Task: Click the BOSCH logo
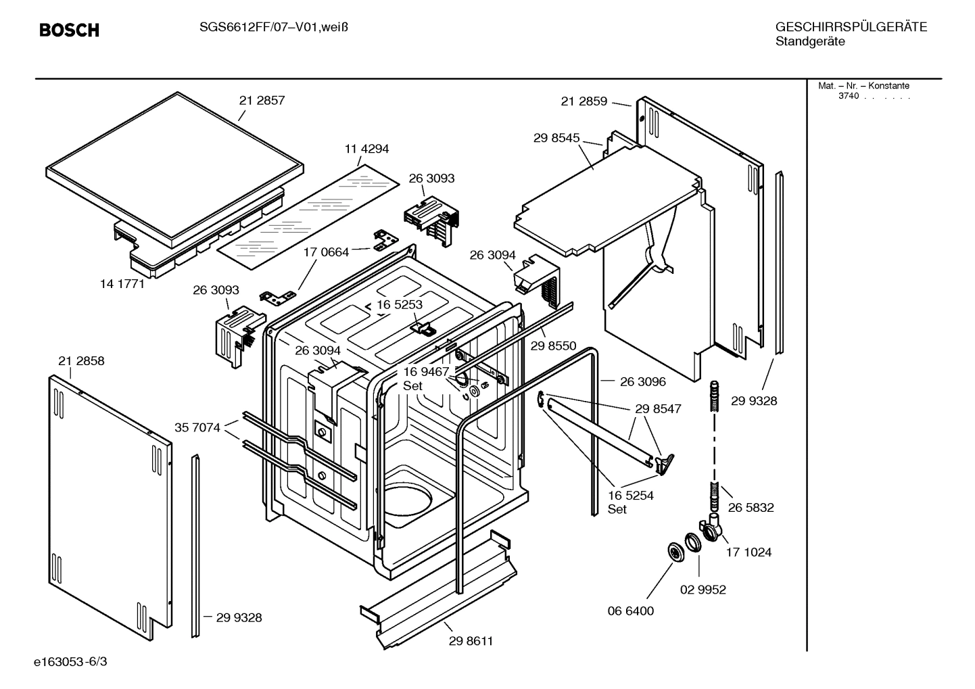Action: point(69,30)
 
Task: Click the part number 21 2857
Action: point(262,100)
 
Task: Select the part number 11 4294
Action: point(366,149)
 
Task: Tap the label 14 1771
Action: point(122,284)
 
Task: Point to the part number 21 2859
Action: point(584,101)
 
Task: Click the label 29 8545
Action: point(556,138)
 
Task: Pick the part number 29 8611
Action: point(471,641)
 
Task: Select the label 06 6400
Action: point(631,611)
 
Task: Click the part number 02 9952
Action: point(703,590)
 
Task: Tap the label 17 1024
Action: point(748,552)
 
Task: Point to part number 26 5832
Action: point(751,508)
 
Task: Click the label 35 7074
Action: point(197,427)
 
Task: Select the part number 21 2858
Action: point(81,361)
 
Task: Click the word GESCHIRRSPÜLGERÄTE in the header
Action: point(851,27)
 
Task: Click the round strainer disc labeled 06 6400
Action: point(674,552)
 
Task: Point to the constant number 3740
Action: point(848,96)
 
